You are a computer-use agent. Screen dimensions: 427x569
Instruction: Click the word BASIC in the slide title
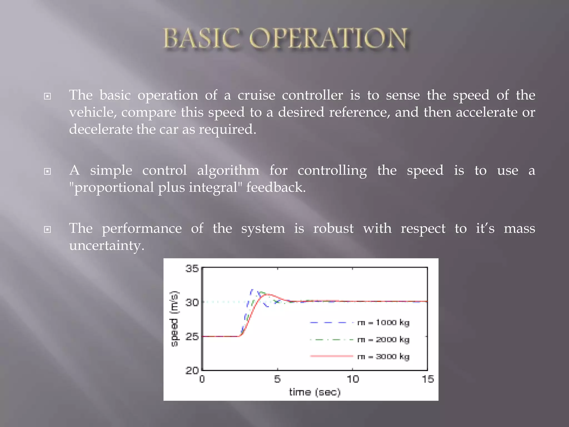click(201, 39)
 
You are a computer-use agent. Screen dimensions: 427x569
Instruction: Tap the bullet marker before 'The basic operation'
click(48, 96)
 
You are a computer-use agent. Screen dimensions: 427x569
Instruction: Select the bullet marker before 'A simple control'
click(48, 171)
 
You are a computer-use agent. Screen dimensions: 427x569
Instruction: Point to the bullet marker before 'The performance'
click(48, 229)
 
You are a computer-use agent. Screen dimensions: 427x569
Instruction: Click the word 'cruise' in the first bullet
click(256, 95)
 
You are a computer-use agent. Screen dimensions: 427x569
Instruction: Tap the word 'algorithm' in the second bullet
click(228, 170)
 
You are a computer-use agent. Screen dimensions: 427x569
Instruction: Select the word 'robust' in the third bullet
click(333, 229)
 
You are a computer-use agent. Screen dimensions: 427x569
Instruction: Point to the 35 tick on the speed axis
click(192, 269)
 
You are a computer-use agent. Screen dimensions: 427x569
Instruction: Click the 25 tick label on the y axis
click(192, 336)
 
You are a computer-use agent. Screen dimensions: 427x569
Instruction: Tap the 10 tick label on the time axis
click(353, 379)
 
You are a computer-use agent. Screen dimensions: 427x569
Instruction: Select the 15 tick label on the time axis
click(428, 379)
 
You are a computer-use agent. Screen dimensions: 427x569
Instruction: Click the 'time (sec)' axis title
click(315, 392)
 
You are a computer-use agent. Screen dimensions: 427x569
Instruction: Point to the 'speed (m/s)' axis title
click(174, 319)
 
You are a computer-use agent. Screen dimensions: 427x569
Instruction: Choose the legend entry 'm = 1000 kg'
click(383, 322)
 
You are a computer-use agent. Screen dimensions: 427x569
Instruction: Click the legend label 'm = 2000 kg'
click(383, 339)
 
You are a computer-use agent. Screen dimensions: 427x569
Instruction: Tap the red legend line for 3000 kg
click(331, 356)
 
